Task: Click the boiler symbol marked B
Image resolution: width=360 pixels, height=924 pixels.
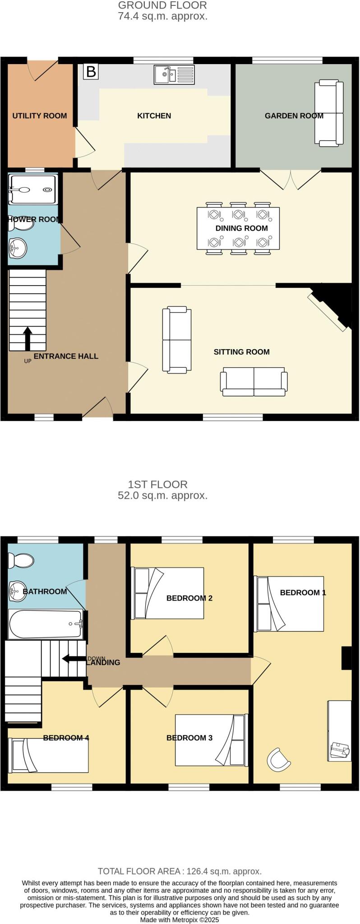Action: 91,72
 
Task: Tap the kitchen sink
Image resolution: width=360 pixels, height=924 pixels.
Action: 174,74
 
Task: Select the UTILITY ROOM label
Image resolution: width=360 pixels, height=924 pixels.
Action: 39,116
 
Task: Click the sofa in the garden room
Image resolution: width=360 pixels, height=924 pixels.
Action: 329,113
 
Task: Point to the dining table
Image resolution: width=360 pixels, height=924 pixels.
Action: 238,228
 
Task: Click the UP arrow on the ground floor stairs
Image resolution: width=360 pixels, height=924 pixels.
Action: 28,338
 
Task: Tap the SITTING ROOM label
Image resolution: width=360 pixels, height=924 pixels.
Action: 241,352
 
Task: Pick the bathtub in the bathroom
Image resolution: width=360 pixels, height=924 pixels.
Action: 45,624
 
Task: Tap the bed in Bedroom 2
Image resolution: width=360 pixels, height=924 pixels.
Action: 168,593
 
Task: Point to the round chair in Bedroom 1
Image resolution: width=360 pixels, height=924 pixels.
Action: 278,759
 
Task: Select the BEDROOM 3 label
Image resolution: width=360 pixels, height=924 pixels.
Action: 189,738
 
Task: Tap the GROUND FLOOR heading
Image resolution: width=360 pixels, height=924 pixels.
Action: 162,5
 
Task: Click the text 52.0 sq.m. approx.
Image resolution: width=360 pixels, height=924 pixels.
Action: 162,495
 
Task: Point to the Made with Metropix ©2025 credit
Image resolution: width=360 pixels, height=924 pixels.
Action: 180,919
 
